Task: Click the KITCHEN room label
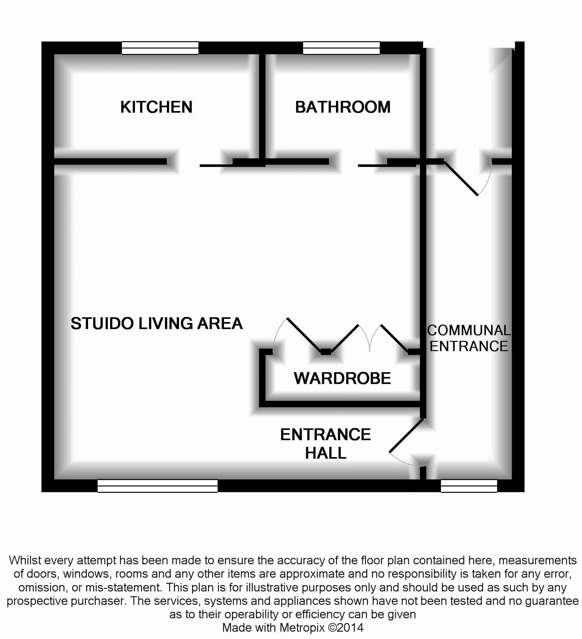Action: pos(156,107)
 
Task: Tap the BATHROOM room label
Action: pos(343,107)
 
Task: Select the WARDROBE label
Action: pos(342,378)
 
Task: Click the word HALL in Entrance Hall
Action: pos(325,453)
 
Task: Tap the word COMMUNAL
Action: pos(469,330)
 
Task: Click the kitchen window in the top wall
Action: pos(160,48)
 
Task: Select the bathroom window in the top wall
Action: pos(341,48)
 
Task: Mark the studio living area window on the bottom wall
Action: pos(157,486)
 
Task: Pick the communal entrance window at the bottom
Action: pos(469,486)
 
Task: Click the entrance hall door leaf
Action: pos(406,436)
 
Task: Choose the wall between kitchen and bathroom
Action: pos(262,107)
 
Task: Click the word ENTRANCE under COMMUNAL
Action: pos(469,346)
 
